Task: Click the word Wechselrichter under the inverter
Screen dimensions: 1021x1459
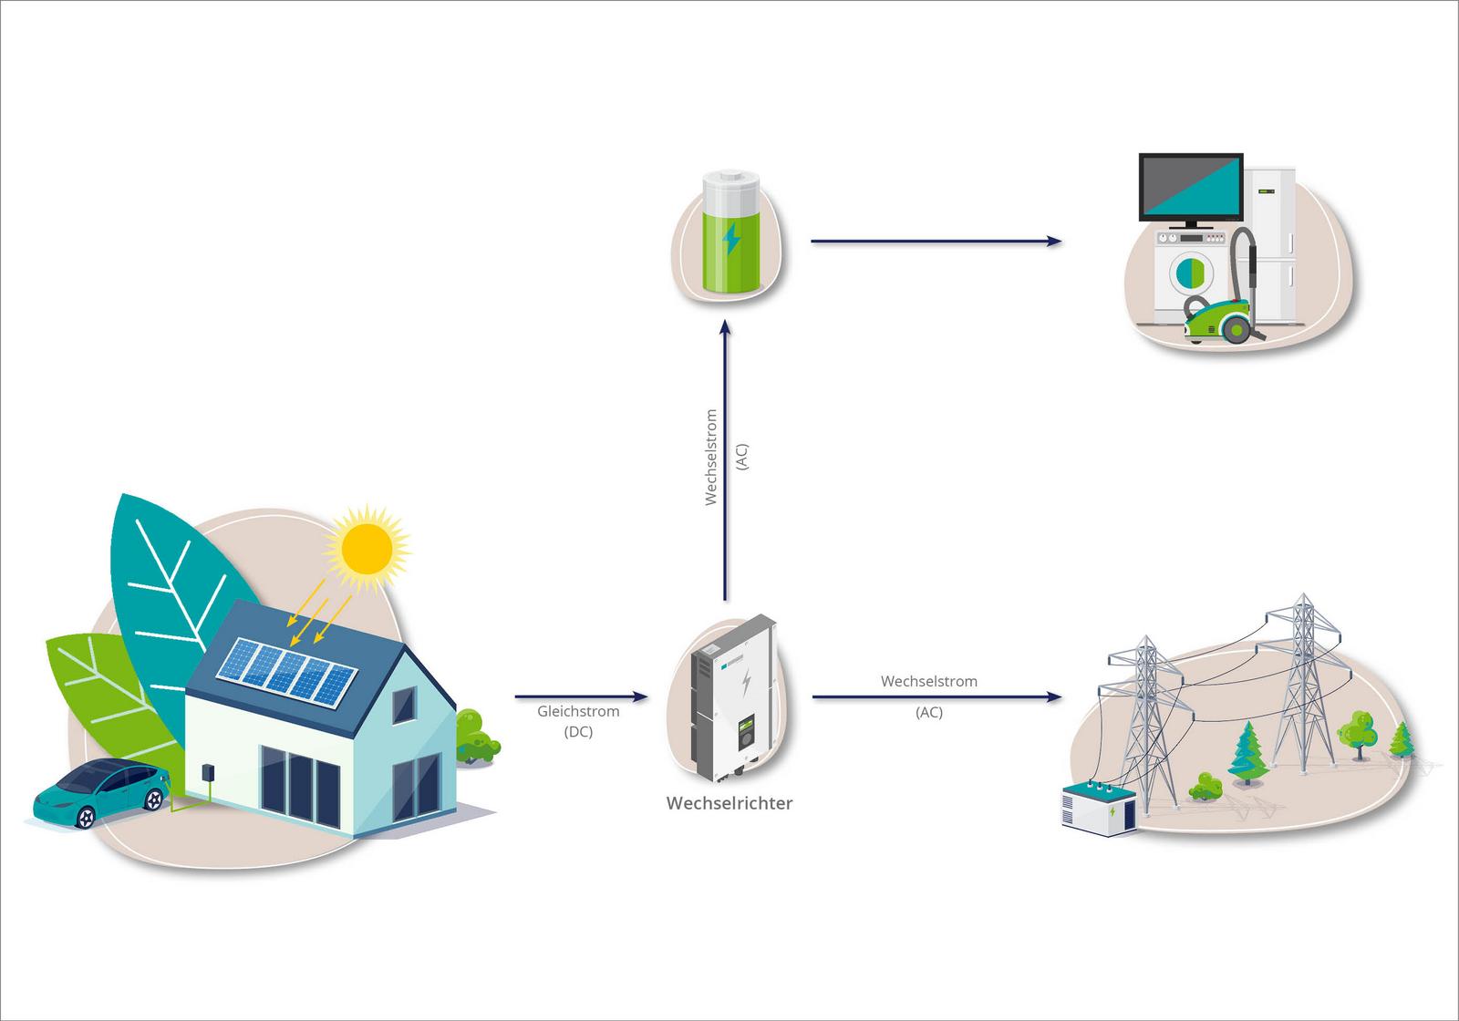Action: click(729, 803)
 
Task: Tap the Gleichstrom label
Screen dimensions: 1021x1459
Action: click(578, 711)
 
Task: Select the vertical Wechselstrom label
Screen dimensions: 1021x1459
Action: click(711, 457)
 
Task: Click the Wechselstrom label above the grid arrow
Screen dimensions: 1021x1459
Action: click(928, 681)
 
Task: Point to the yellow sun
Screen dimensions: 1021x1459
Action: click(367, 546)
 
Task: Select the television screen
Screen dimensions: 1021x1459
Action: click(1190, 188)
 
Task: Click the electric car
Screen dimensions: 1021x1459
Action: click(100, 792)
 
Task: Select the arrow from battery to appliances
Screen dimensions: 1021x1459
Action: click(936, 242)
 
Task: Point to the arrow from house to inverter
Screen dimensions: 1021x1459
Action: click(581, 697)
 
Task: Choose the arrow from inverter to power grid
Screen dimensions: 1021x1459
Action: click(936, 697)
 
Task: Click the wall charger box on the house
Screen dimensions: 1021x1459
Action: click(208, 771)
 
